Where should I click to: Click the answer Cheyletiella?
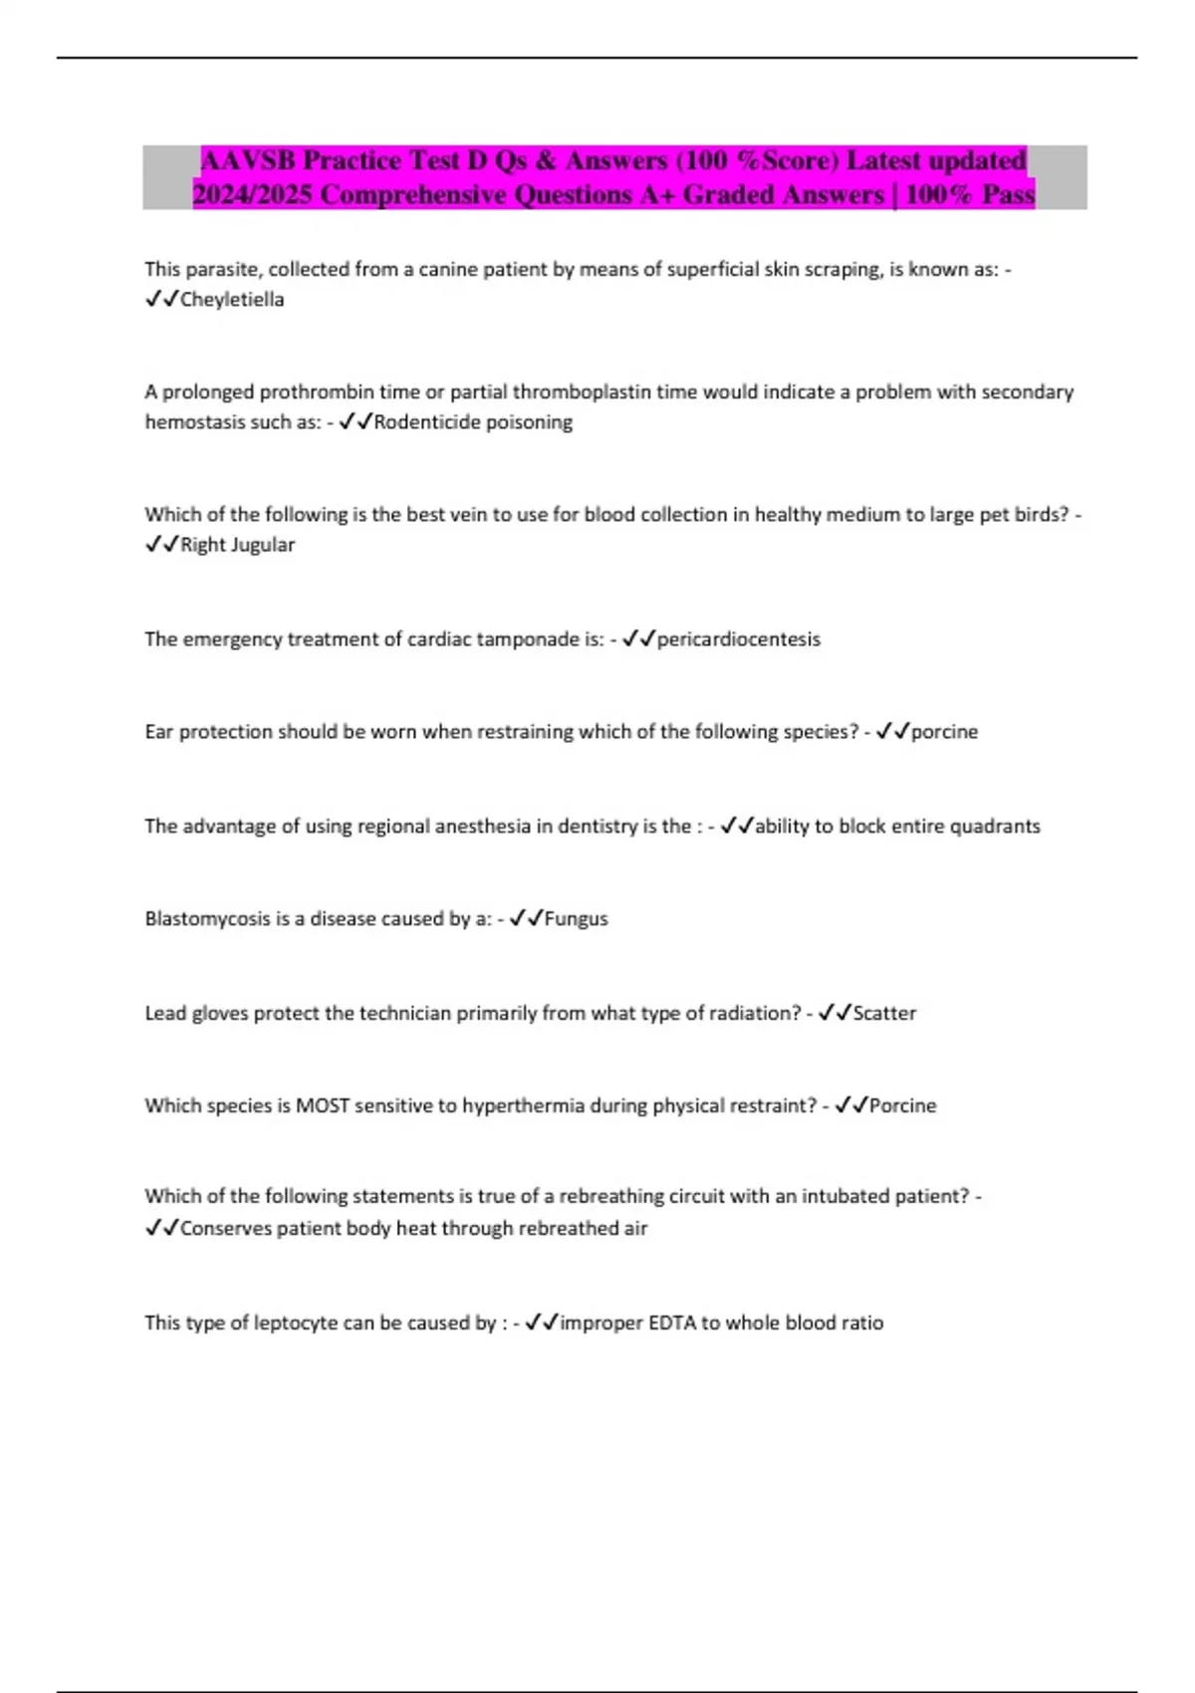pyautogui.click(x=232, y=300)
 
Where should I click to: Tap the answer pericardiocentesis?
pyautogui.click(x=738, y=639)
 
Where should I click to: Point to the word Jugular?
pyautogui.click(x=264, y=545)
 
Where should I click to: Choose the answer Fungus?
pyautogui.click(x=576, y=919)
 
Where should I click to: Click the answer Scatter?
pyautogui.click(x=884, y=1014)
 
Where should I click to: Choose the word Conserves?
pyautogui.click(x=226, y=1229)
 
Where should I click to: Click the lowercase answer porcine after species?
pyautogui.click(x=944, y=732)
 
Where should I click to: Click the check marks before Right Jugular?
pyautogui.click(x=161, y=545)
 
